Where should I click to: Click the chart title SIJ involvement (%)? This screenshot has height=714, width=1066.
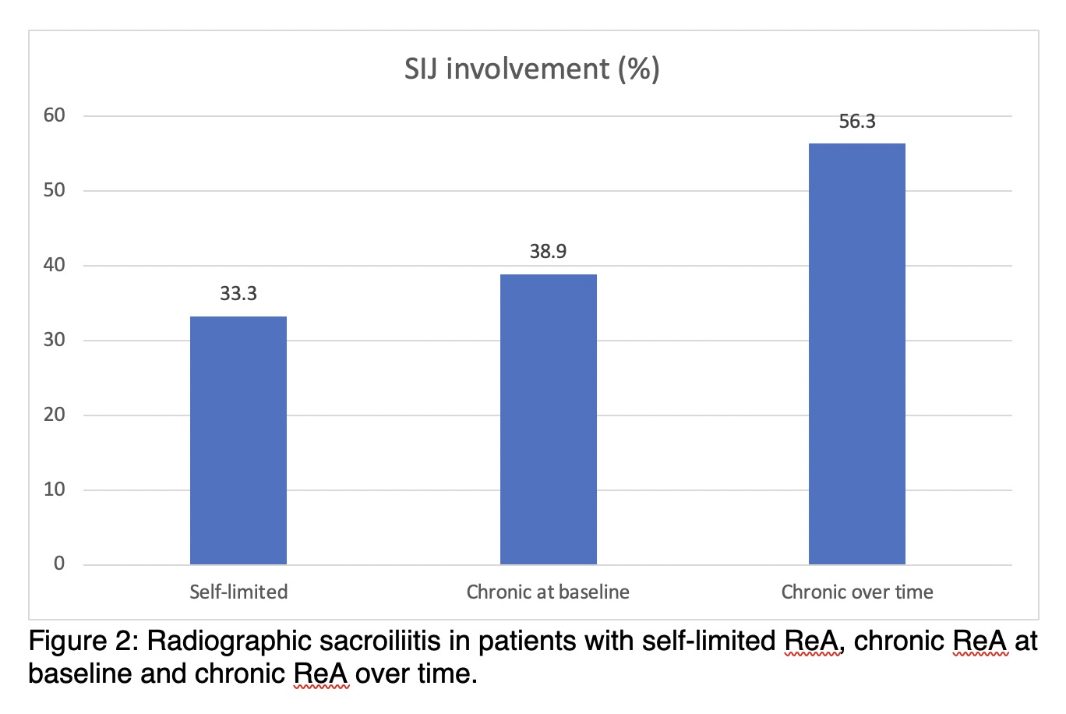pos(531,69)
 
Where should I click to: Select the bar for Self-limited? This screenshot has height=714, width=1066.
pos(238,440)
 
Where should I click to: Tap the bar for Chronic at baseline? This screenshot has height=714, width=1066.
pos(548,419)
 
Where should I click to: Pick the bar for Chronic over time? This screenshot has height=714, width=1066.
pos(857,354)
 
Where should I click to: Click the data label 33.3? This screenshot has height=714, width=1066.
pos(238,294)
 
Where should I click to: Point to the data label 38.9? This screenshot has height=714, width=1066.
pos(548,252)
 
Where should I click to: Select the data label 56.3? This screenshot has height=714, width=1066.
pos(857,122)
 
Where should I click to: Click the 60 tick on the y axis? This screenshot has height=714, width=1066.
pos(55,115)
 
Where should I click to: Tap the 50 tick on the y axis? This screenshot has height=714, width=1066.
pos(55,190)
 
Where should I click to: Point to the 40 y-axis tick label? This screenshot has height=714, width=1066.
pos(55,265)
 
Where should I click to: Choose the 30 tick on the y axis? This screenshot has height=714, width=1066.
pos(55,340)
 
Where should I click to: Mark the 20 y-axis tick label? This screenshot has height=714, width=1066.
pos(55,415)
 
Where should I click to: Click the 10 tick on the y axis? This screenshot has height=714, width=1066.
pos(55,490)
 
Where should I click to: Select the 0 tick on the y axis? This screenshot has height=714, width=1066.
pos(59,564)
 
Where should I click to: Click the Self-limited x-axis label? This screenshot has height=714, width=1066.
pos(238,592)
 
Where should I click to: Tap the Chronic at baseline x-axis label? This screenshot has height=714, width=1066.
pos(548,592)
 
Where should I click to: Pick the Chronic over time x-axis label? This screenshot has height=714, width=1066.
pos(857,592)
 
